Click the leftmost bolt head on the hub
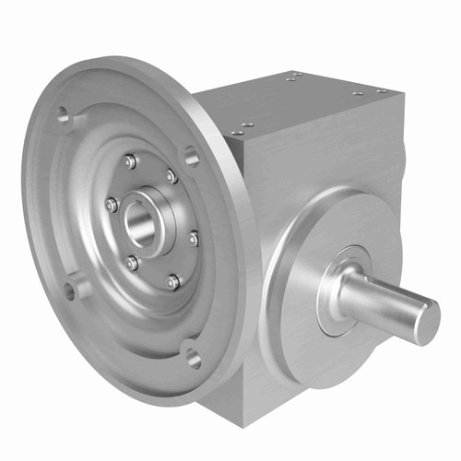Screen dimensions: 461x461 [111, 205]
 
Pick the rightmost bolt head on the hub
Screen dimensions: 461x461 [194, 239]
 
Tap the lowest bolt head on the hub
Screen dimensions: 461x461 [172, 281]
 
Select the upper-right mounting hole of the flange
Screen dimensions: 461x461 [192, 156]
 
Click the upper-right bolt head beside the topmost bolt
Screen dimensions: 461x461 [171, 175]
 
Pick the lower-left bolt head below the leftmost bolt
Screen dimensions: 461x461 [132, 263]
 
